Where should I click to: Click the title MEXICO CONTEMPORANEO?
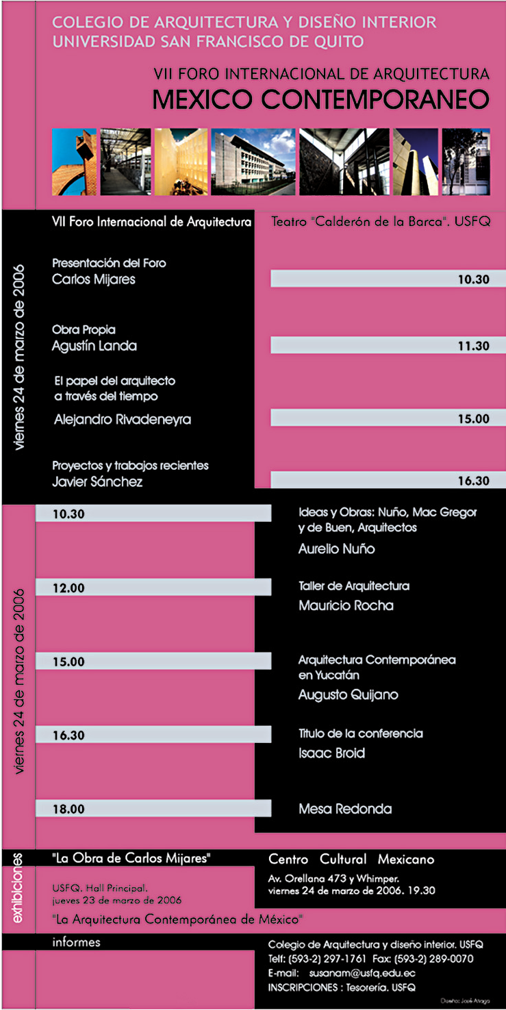(x=321, y=100)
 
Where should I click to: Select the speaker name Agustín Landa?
(x=94, y=346)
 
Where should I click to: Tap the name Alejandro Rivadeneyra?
(x=123, y=420)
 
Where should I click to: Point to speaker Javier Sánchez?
(x=98, y=481)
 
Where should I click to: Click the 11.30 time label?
(x=473, y=346)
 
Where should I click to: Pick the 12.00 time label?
(x=68, y=588)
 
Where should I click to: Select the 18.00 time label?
(x=68, y=809)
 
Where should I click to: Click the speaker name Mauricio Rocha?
(x=346, y=605)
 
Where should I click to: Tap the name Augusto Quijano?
(x=348, y=695)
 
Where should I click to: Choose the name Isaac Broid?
(x=331, y=753)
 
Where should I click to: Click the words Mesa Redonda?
(x=345, y=809)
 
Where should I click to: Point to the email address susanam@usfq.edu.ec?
(x=362, y=973)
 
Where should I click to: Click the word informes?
(x=76, y=942)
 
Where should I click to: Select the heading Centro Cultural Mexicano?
(x=351, y=859)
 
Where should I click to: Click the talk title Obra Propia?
(x=84, y=330)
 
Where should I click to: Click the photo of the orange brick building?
(x=74, y=162)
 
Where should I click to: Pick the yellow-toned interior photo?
(x=180, y=162)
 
